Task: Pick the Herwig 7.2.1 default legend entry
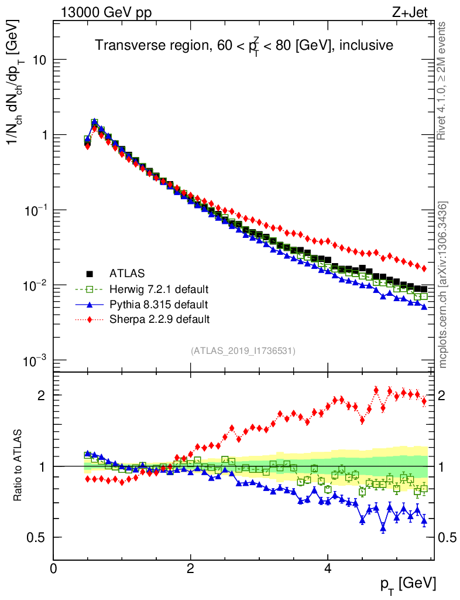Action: [159, 289]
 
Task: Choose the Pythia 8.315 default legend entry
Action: [158, 304]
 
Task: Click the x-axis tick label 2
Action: [191, 569]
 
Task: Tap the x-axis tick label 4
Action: [328, 569]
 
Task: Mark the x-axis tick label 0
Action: [53, 569]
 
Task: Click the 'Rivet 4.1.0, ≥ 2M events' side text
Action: [442, 80]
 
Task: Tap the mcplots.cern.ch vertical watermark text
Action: [443, 284]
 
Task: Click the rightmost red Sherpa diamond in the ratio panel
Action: [424, 401]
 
